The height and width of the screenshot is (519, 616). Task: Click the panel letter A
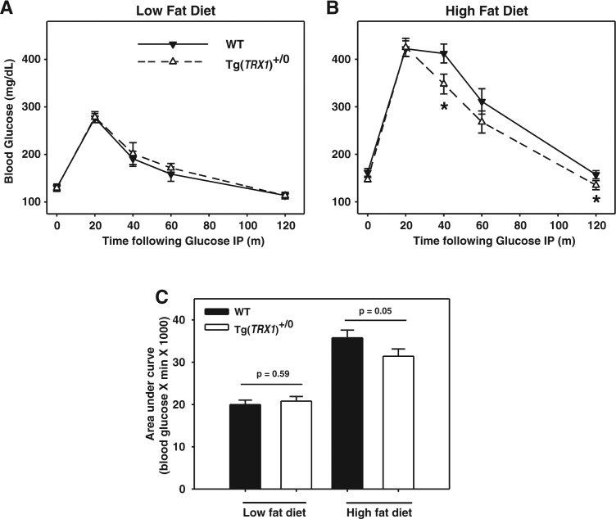click(x=9, y=10)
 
